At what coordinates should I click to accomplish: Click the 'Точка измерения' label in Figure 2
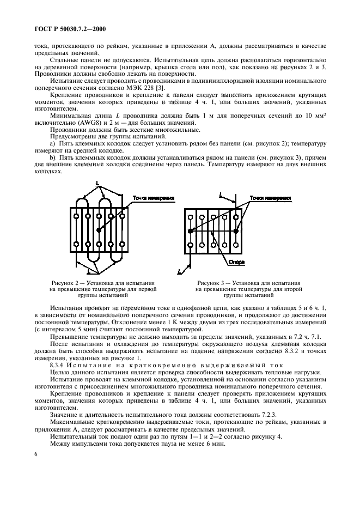tap(154, 199)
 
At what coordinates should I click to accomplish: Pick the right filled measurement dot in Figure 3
tap(236, 231)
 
